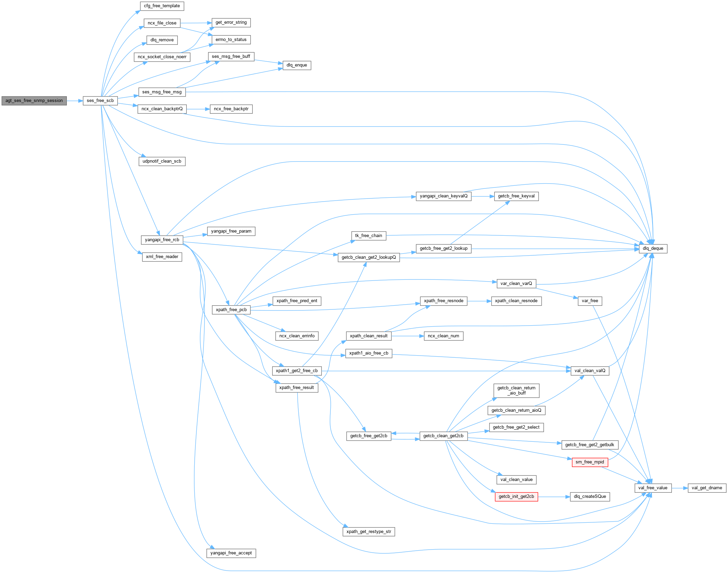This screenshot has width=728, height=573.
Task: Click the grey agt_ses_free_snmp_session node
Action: click(34, 101)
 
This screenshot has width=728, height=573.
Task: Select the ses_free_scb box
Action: click(100, 101)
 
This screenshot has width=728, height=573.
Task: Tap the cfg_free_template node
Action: click(162, 6)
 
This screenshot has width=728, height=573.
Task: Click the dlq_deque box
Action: click(653, 248)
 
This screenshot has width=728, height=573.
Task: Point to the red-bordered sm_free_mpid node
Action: click(589, 462)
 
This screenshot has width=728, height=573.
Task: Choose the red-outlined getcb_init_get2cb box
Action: click(516, 497)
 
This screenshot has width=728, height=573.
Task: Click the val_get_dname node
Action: click(707, 488)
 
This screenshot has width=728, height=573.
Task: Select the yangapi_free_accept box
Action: click(231, 553)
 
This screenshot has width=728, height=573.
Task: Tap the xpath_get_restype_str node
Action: click(369, 532)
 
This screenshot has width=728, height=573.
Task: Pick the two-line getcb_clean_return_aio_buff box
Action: click(516, 390)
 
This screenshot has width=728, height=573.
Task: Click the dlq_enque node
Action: click(297, 65)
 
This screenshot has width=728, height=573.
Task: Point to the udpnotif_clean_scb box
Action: click(162, 161)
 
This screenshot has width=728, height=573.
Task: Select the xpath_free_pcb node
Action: click(231, 310)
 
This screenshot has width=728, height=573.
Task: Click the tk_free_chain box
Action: click(368, 236)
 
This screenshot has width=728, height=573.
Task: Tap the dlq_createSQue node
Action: click(590, 497)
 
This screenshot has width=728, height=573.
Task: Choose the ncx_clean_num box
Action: click(443, 336)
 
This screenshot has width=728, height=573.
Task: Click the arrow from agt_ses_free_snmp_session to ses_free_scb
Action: click(74, 101)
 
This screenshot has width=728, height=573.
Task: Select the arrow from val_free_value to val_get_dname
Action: click(679, 488)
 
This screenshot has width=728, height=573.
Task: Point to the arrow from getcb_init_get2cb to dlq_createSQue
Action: click(553, 497)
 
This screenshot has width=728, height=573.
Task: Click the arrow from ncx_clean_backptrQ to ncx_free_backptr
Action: click(198, 109)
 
